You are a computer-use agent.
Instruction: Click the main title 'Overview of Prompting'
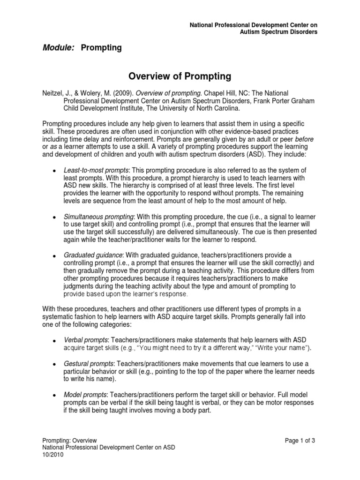180,76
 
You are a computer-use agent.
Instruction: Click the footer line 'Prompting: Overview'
69,440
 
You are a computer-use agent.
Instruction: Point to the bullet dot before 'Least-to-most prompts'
55,171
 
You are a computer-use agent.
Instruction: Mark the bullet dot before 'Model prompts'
55,395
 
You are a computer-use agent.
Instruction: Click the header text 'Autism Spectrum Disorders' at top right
278,31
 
